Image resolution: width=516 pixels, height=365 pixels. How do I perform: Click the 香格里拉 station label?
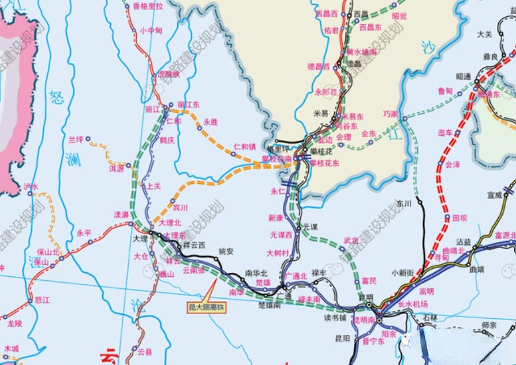148,6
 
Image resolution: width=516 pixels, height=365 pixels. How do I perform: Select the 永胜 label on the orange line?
211,122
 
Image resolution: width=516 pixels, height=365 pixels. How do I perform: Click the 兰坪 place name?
76,140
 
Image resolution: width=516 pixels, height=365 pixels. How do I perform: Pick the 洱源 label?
117,168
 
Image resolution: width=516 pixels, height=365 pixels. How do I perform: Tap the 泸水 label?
31,187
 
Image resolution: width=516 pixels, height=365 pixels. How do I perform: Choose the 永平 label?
84,234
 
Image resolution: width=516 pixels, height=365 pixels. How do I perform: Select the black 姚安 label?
226,251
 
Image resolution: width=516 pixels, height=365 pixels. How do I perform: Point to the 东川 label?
403,204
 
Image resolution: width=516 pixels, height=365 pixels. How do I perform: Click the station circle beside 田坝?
447,218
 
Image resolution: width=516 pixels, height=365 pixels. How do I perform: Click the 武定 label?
351,240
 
